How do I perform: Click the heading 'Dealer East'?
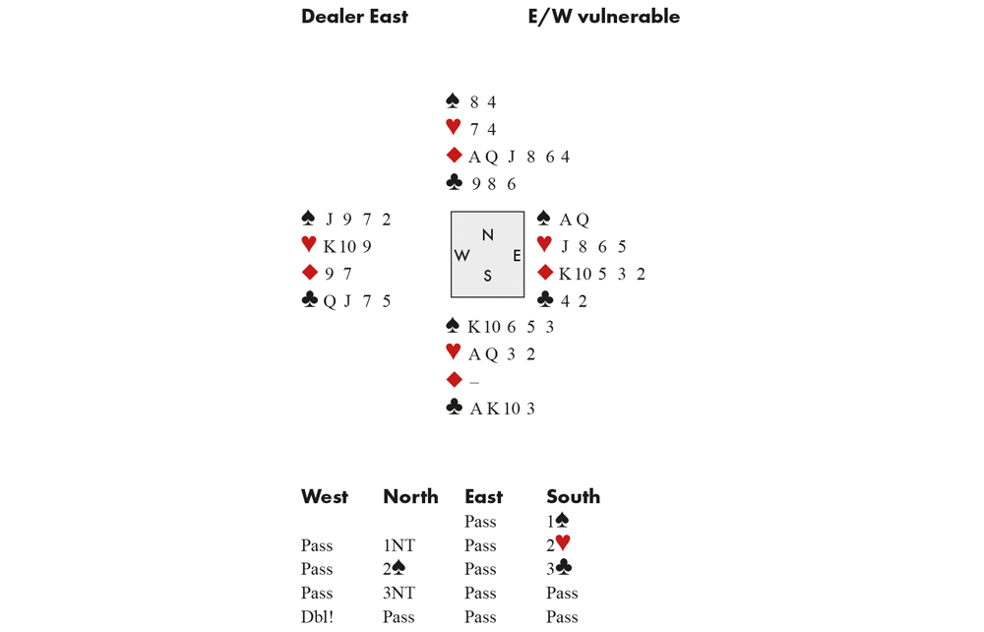click(x=354, y=17)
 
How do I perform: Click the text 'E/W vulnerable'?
click(x=604, y=17)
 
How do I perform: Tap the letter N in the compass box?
click(x=488, y=234)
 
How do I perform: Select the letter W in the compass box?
click(x=461, y=255)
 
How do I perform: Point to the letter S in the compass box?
click(x=488, y=277)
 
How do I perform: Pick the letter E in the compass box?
click(x=517, y=255)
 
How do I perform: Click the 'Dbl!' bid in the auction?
click(x=317, y=617)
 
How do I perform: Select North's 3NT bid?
click(x=400, y=593)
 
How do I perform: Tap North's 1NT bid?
click(x=400, y=545)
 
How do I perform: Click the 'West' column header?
click(x=325, y=496)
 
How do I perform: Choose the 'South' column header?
click(x=573, y=496)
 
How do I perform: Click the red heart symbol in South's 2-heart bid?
click(x=563, y=542)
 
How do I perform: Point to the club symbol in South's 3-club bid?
click(x=564, y=567)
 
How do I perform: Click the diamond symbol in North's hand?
click(x=454, y=155)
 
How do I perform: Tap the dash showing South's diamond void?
click(x=474, y=382)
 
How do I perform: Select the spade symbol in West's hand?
click(x=308, y=218)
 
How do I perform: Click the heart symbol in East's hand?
click(x=545, y=243)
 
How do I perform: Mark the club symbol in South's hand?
click(x=454, y=407)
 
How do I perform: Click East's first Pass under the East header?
click(x=481, y=522)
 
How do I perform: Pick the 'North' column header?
click(x=410, y=496)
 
